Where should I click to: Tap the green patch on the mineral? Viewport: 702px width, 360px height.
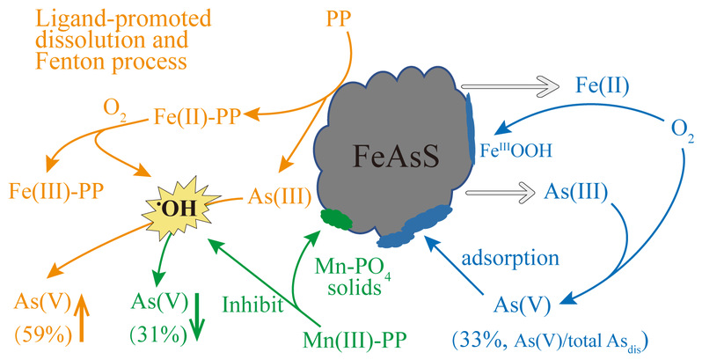click(335, 217)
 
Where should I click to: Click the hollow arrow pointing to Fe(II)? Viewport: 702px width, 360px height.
click(520, 88)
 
